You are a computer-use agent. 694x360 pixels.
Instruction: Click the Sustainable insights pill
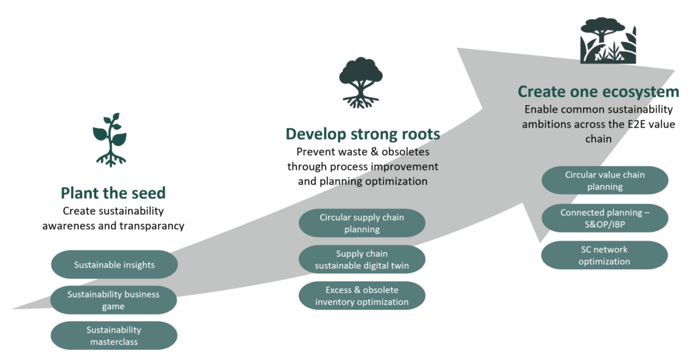pyautogui.click(x=114, y=264)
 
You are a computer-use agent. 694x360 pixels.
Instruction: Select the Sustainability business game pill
pyautogui.click(x=114, y=300)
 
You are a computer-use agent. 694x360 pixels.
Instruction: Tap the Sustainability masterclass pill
pyautogui.click(x=114, y=336)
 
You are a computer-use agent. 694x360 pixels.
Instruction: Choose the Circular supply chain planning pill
pyautogui.click(x=361, y=223)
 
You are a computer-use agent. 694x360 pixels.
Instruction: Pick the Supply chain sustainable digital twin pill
pyautogui.click(x=361, y=260)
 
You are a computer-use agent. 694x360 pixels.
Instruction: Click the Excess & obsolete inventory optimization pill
pyautogui.click(x=361, y=296)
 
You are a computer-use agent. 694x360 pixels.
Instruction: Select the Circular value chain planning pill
pyautogui.click(x=605, y=180)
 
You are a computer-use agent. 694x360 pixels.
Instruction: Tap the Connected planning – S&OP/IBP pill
pyautogui.click(x=605, y=218)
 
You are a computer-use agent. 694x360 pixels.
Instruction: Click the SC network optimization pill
pyautogui.click(x=605, y=255)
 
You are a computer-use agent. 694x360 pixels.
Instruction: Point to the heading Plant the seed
pyautogui.click(x=113, y=193)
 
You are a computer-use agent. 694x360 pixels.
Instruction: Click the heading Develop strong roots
pyautogui.click(x=363, y=134)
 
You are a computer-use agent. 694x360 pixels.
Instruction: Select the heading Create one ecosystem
pyautogui.click(x=598, y=92)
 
